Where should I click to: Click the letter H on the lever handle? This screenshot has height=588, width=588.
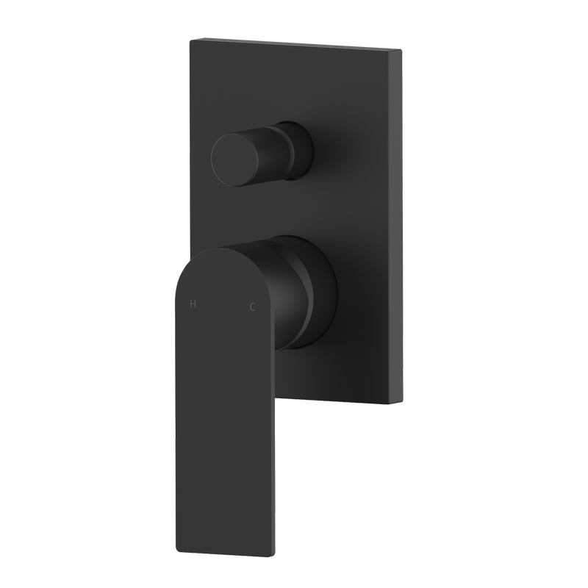coord(193,304)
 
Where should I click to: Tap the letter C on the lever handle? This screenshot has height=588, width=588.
coord(253,307)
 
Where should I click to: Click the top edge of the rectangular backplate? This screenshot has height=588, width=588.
coord(294,43)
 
